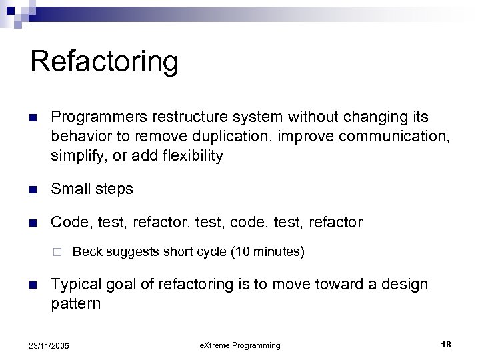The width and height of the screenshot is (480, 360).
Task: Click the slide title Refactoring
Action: (105, 61)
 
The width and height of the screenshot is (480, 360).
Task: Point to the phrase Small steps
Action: (92, 189)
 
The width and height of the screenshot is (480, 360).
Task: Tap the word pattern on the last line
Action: (76, 304)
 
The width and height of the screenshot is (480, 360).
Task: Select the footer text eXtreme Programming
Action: (240, 345)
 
